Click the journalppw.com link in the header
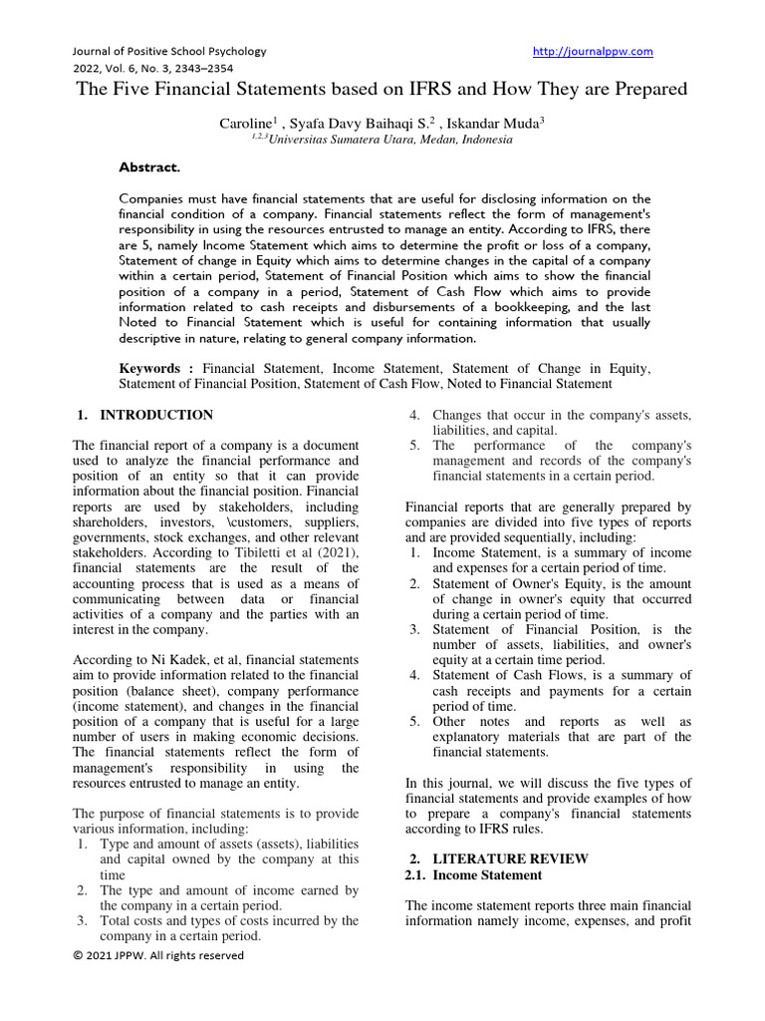pos(593,51)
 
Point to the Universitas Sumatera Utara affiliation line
pos(383,141)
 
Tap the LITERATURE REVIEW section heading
pos(510,858)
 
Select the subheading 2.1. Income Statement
pos(473,874)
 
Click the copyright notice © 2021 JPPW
pos(158,955)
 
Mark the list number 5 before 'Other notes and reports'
pos(415,721)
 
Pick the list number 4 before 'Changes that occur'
pos(415,415)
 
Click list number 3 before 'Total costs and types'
pos(84,920)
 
